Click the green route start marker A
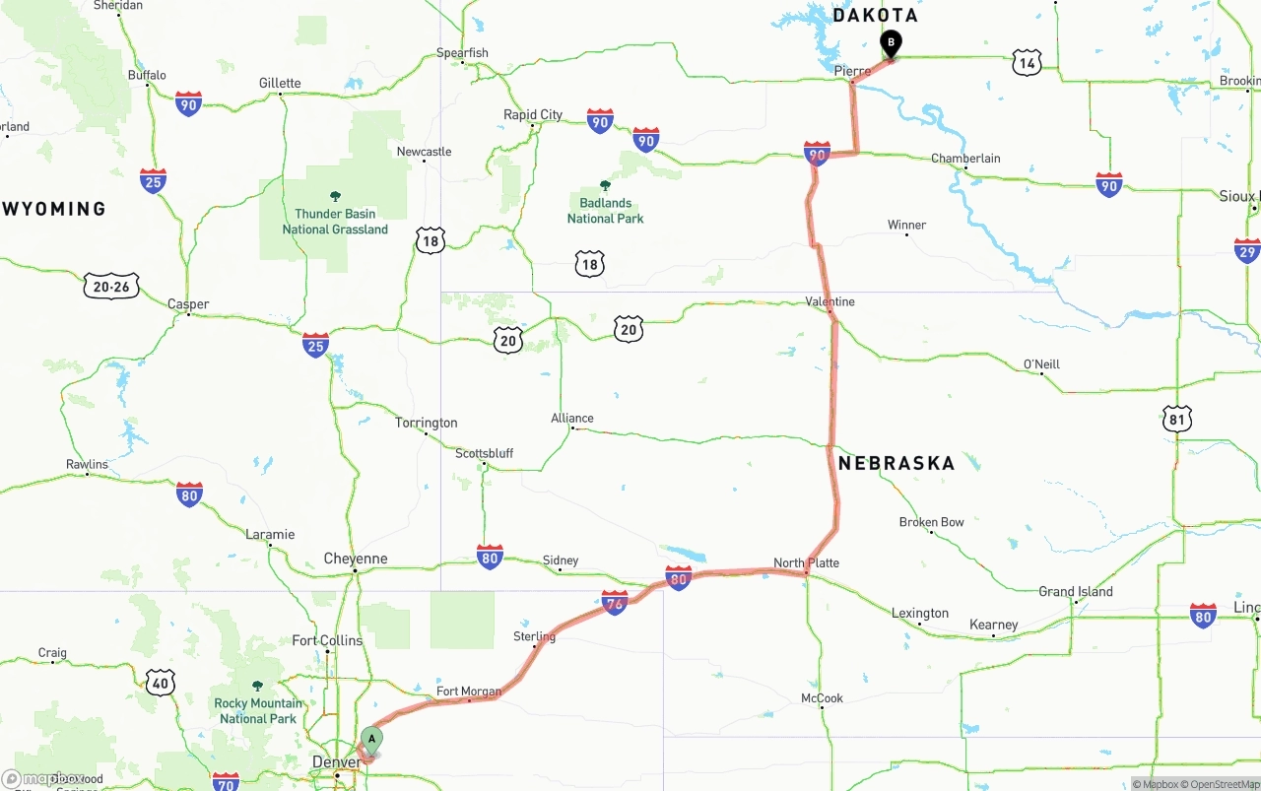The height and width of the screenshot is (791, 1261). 371,739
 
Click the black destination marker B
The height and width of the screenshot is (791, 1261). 891,43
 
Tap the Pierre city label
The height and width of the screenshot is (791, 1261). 852,72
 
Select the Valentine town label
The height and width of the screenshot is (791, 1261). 830,301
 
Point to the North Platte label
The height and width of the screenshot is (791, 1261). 806,563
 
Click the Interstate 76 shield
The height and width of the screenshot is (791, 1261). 615,603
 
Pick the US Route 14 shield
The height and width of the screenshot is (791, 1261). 1027,63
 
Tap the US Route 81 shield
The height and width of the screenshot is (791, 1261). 1176,420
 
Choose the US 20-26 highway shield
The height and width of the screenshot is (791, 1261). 111,287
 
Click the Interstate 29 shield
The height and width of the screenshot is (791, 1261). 1247,251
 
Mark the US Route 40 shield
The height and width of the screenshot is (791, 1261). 161,682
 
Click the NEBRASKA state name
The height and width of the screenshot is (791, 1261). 896,463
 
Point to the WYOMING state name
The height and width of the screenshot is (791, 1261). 54,209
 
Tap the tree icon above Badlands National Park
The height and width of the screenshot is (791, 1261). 605,185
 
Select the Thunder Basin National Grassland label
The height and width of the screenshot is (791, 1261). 335,222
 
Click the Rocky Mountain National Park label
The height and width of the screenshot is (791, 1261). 258,710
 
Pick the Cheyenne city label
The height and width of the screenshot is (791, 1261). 356,559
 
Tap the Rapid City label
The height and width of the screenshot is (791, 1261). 533,115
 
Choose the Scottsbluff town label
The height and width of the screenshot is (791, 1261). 484,454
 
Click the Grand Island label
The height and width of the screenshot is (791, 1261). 1076,592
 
